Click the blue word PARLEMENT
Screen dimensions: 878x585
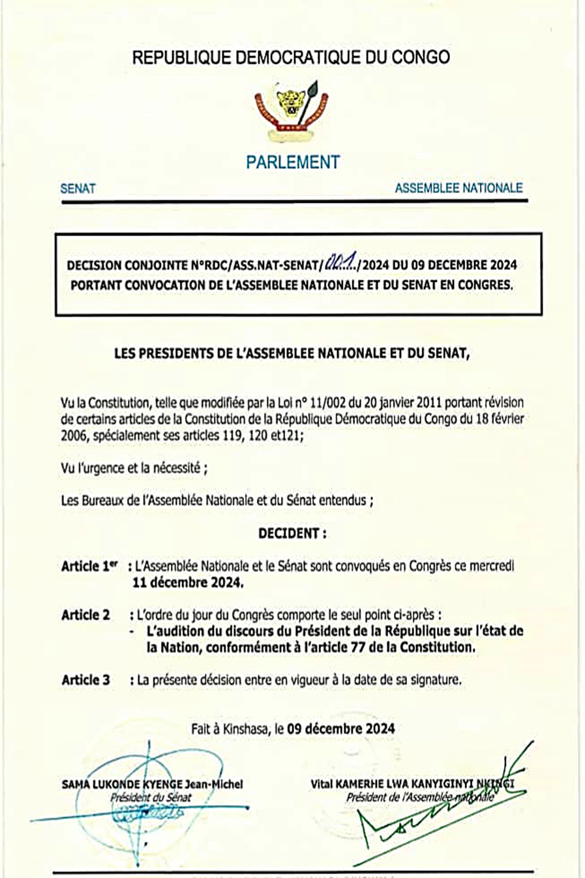point(293,162)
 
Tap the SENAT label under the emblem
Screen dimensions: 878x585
point(78,189)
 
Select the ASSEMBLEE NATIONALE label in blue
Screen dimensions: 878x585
point(458,188)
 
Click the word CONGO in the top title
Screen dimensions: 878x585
point(420,57)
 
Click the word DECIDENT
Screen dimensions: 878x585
point(292,533)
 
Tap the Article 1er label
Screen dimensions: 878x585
point(89,566)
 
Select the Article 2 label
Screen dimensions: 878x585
point(85,614)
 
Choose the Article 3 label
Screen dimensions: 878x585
point(85,680)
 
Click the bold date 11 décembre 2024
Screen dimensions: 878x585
point(188,583)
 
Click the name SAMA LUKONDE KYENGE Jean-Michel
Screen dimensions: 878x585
point(152,784)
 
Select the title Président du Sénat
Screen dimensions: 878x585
point(151,796)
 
